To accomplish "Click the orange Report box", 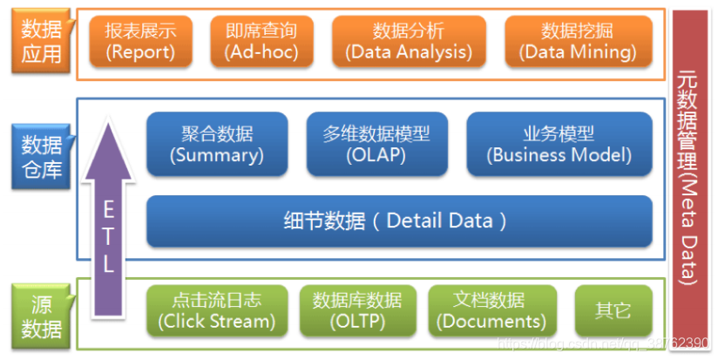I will click(x=140, y=41).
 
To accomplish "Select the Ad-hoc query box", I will click(x=261, y=41).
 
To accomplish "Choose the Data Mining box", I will click(x=578, y=41).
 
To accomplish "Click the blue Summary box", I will click(x=217, y=144).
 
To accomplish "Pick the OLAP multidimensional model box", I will click(x=376, y=144).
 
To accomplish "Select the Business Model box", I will click(x=559, y=144).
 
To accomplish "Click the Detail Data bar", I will click(x=399, y=221).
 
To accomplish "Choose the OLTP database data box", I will click(x=357, y=310).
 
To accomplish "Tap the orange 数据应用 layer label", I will click(x=41, y=41).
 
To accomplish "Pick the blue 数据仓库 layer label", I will click(x=41, y=155).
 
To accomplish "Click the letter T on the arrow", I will click(x=108, y=235).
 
